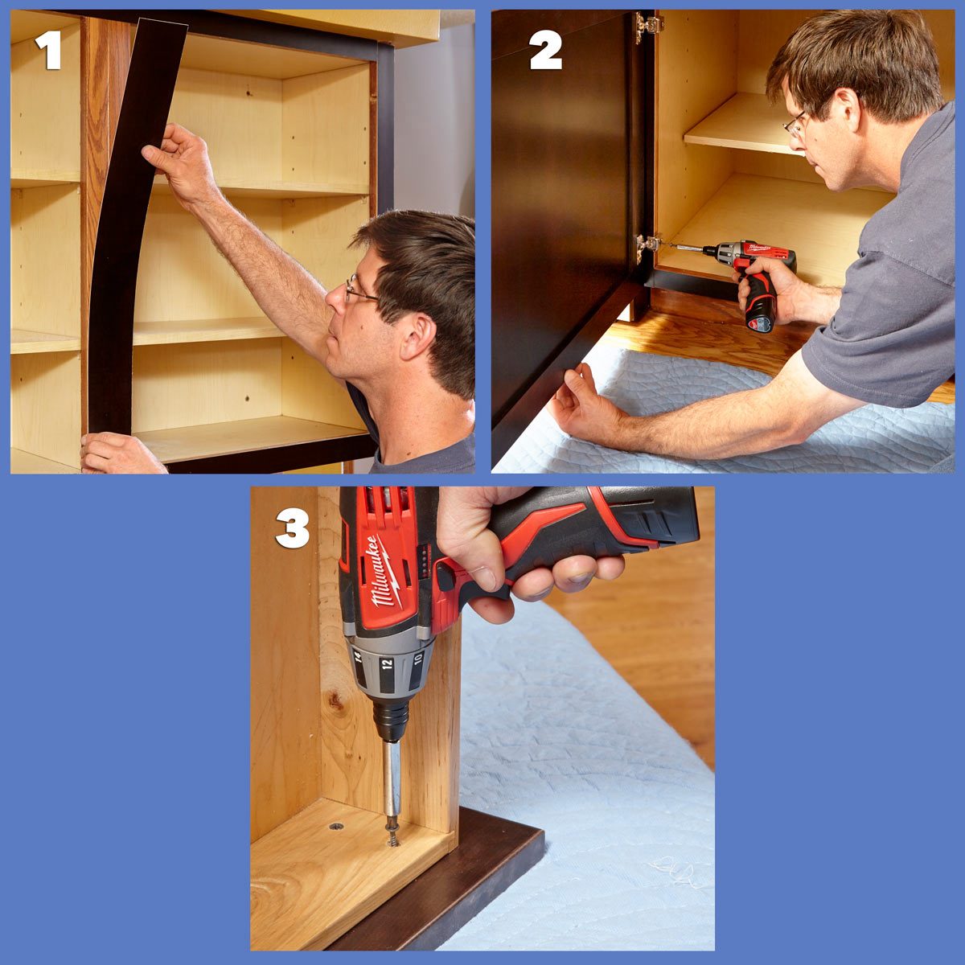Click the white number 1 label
click(x=48, y=51)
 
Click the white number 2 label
click(x=545, y=51)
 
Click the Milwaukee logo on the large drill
click(x=384, y=571)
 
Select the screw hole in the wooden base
click(x=335, y=826)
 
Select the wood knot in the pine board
click(x=335, y=704)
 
